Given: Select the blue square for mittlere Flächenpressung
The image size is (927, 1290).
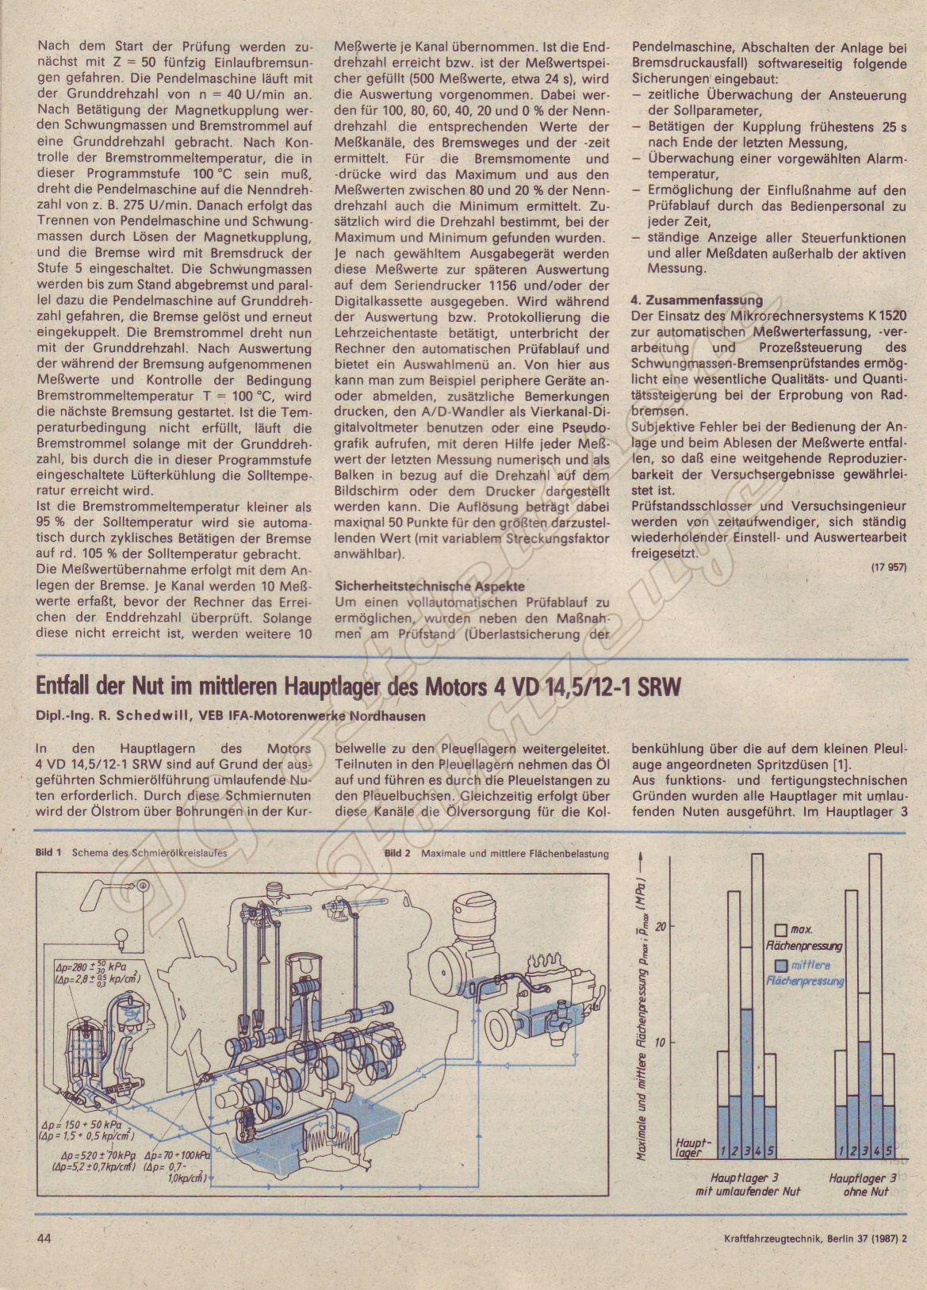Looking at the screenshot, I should pos(782,966).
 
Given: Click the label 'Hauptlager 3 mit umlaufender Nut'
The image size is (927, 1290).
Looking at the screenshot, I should pos(745,1185).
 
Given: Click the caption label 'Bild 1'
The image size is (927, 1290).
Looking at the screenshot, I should pos(48,853).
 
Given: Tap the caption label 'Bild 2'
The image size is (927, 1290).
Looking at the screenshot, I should pos(396,854).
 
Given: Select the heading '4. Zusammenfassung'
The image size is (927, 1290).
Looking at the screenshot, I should pos(696,300).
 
